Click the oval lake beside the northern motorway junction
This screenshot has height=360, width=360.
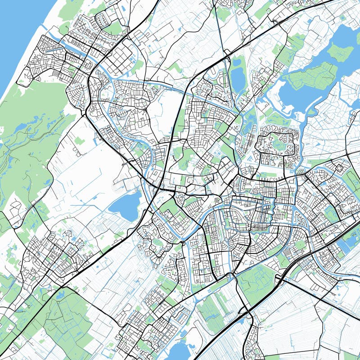(237, 78)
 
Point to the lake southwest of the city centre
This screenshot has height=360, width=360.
(125, 206)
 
